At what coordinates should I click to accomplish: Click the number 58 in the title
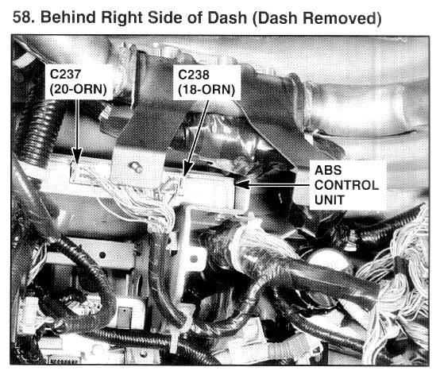pyautogui.click(x=23, y=17)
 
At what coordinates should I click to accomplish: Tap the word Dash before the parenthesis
pyautogui.click(x=227, y=17)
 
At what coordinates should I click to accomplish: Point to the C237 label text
pyautogui.click(x=65, y=75)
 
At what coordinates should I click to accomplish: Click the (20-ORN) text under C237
pyautogui.click(x=79, y=90)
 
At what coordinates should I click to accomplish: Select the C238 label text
pyautogui.click(x=194, y=75)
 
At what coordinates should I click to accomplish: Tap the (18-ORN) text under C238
pyautogui.click(x=206, y=90)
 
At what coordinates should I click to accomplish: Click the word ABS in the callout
pyautogui.click(x=328, y=170)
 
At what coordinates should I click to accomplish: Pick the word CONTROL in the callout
pyautogui.click(x=346, y=185)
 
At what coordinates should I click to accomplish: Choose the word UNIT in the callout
pyautogui.click(x=329, y=200)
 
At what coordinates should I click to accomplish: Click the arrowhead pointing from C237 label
pyautogui.click(x=76, y=155)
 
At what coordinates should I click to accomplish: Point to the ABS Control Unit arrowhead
pyautogui.click(x=243, y=184)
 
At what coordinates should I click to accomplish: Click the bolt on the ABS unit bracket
pyautogui.click(x=136, y=167)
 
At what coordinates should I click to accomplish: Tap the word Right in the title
pyautogui.click(x=122, y=17)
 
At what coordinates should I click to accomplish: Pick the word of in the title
pyautogui.click(x=195, y=17)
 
